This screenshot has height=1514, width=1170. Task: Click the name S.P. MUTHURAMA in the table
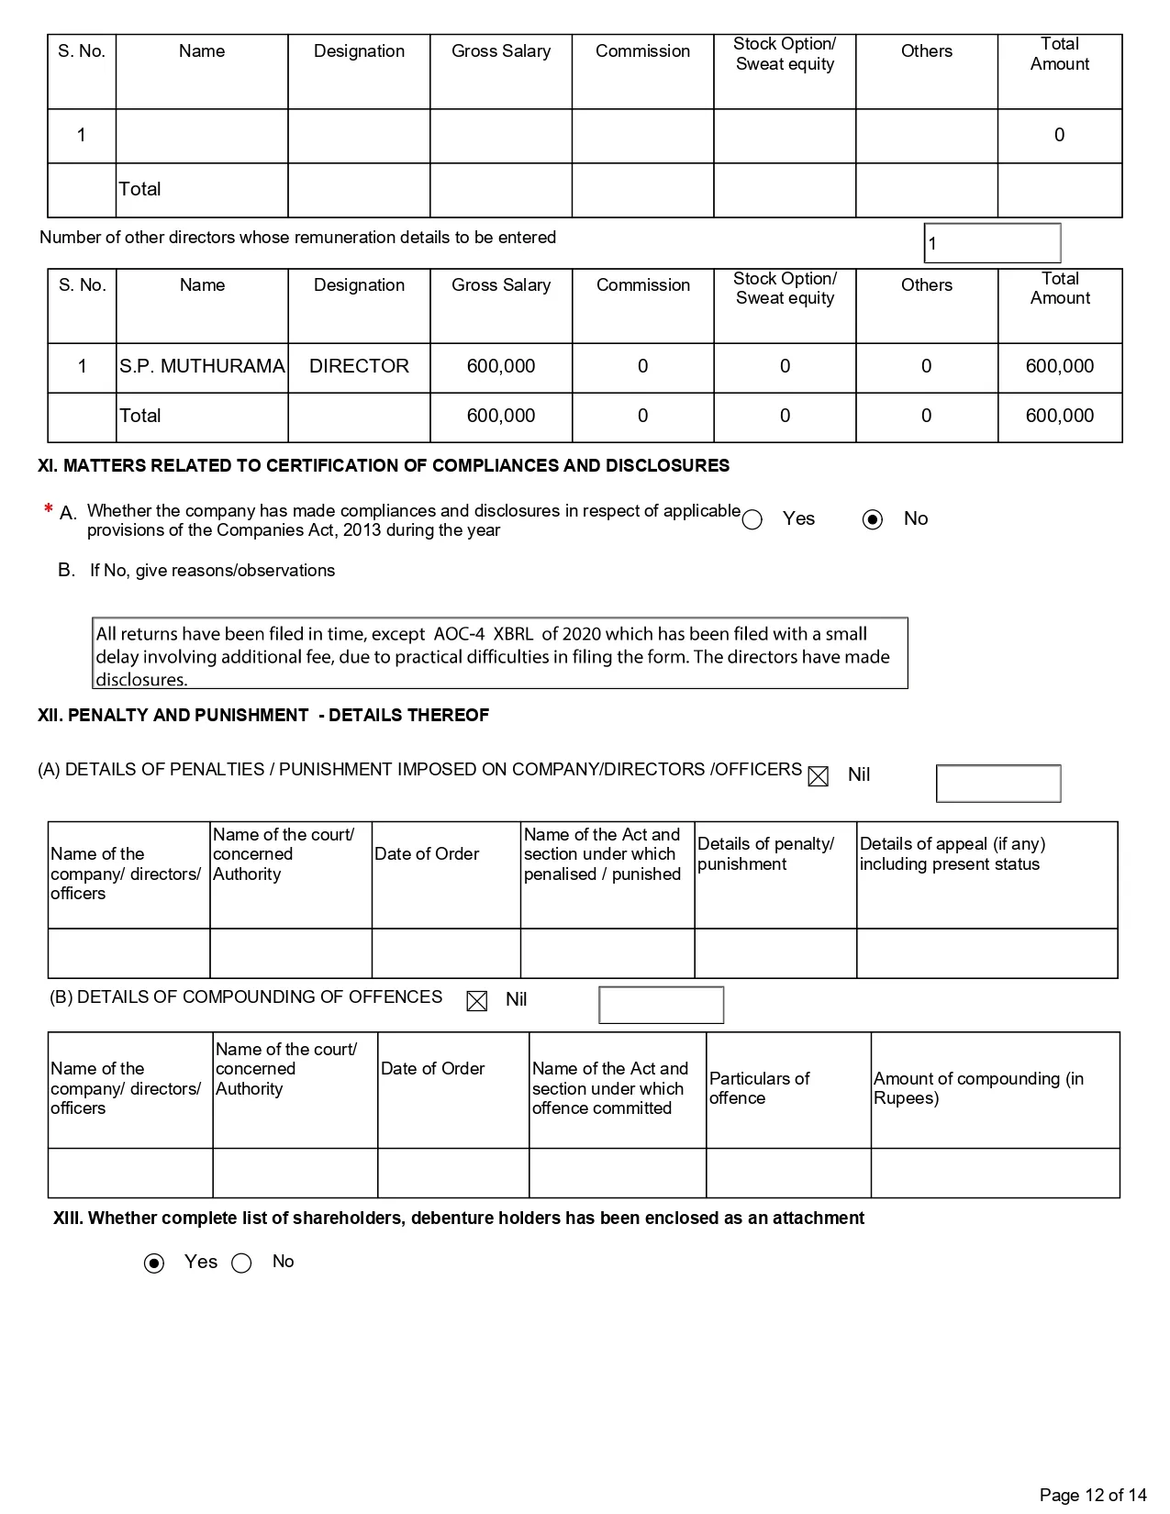pos(202,366)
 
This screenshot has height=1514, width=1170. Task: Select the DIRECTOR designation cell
pos(359,366)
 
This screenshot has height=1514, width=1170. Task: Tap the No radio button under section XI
pos(873,520)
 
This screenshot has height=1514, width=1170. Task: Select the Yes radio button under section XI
pos(752,520)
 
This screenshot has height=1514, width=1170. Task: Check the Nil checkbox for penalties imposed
pos(818,776)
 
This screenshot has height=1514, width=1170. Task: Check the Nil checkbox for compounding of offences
pos(477,1001)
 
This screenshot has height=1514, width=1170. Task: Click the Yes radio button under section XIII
pos(155,1264)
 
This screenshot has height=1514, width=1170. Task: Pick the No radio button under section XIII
pos(241,1264)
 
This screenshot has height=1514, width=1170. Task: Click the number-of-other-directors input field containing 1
pos(992,243)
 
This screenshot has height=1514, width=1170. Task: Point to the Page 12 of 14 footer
pos(1093,1495)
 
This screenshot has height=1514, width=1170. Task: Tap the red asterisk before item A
pos(48,510)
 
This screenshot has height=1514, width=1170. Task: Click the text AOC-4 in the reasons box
pos(459,634)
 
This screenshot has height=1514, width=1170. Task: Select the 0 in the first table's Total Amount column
pos(1059,136)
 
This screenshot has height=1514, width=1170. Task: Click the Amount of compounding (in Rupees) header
pos(978,1088)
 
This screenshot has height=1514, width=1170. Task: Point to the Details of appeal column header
pos(952,853)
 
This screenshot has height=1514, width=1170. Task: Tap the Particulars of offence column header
pos(760,1088)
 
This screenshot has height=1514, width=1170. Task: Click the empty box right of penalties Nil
pos(998,784)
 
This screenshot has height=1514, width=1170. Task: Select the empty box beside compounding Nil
pos(661,1005)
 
